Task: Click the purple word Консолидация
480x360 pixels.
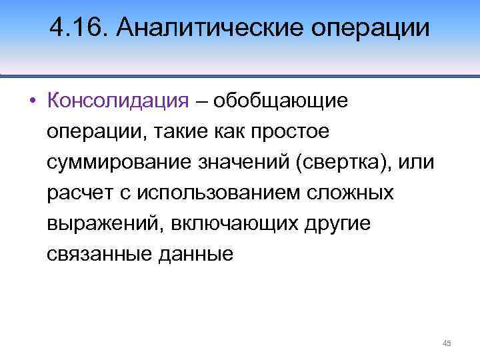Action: pos(119,101)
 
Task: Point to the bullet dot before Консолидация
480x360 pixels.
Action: pos(31,101)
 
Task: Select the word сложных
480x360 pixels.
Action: pos(349,193)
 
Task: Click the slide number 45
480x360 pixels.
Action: pos(447,343)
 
